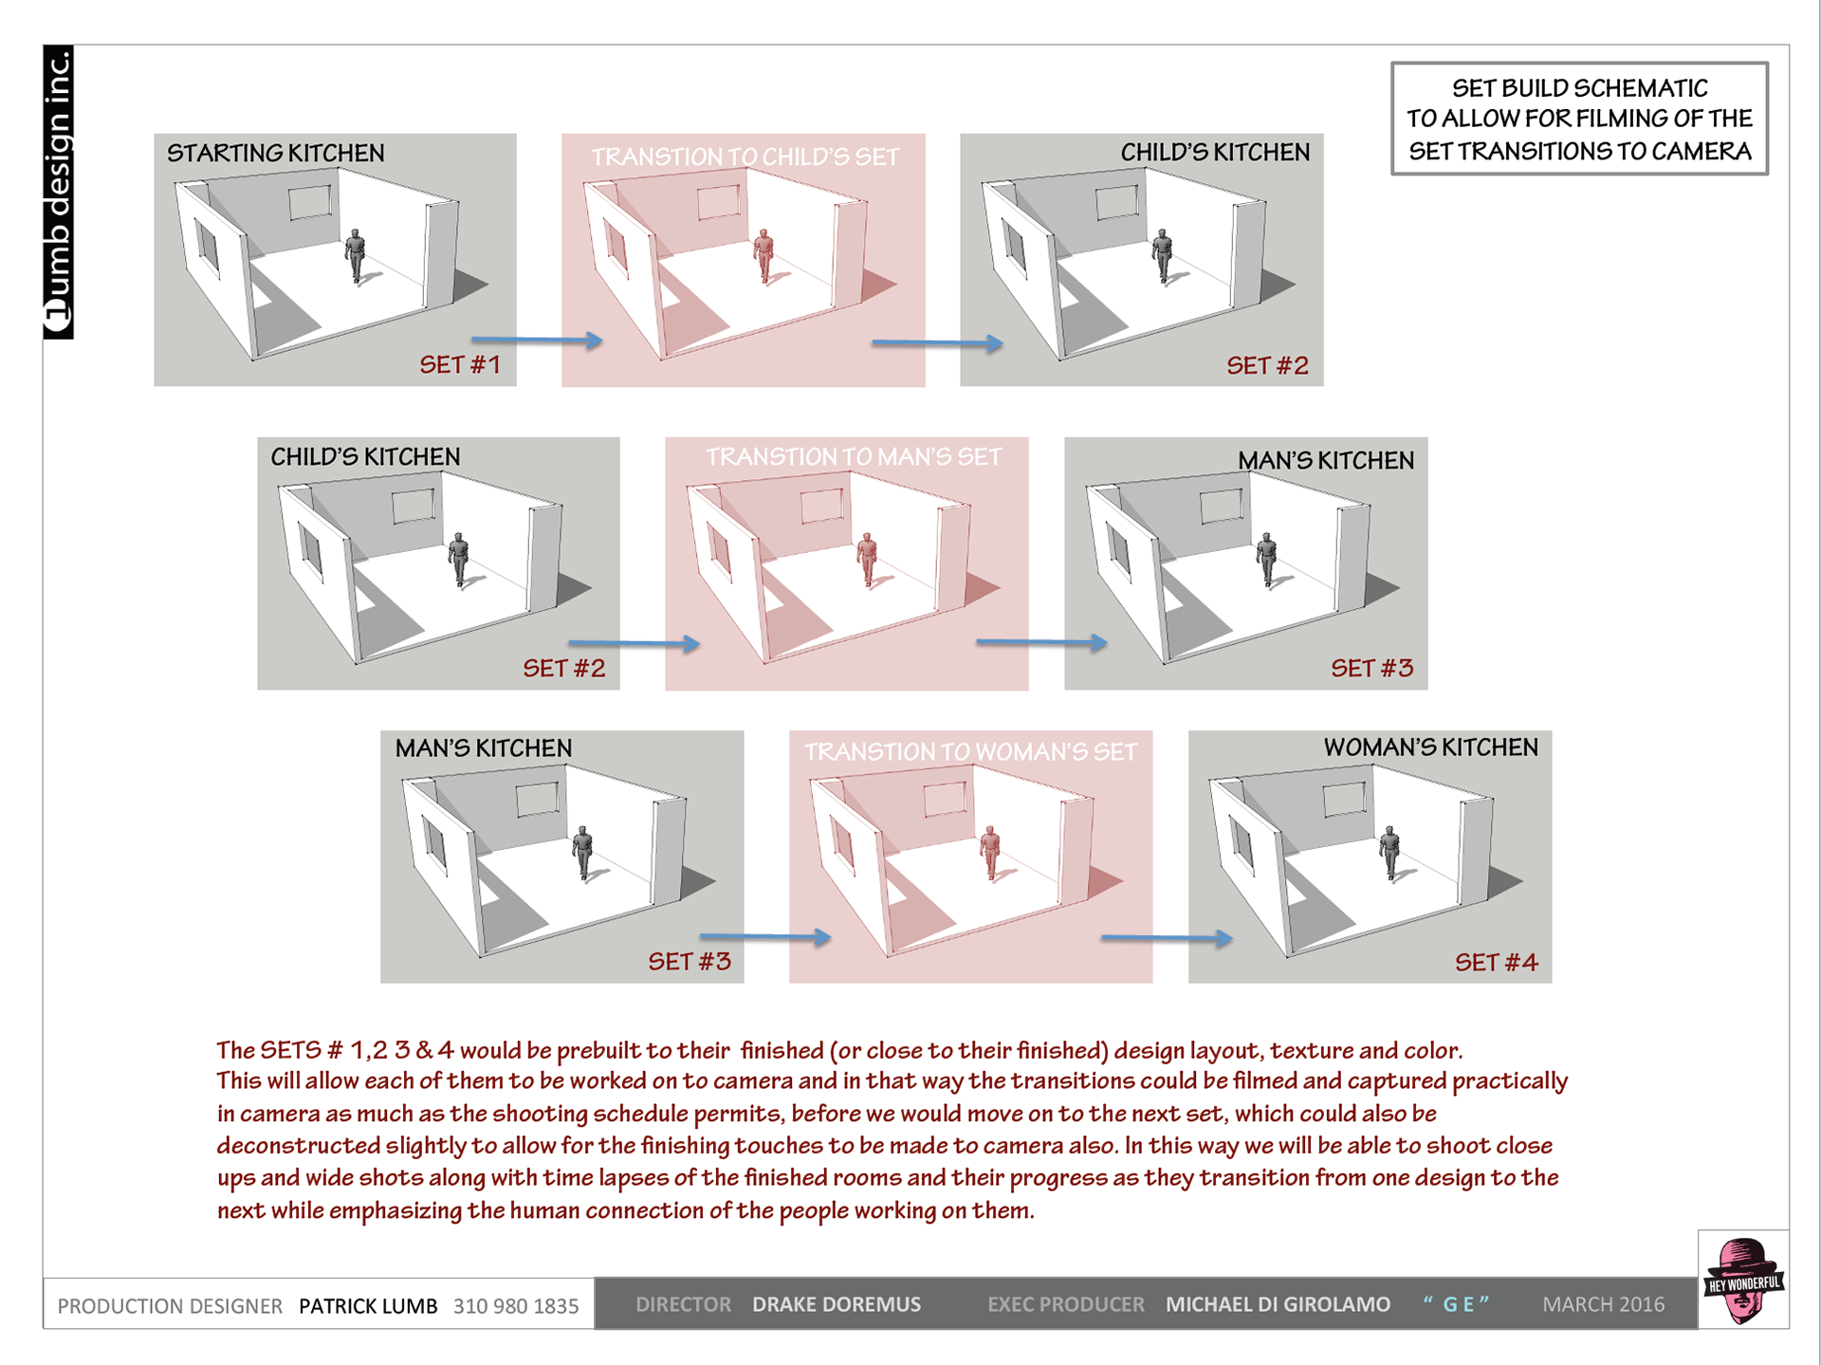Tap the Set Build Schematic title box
1579,119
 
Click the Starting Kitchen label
276,153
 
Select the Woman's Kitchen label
1430,747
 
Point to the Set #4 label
1496,963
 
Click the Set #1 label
460,364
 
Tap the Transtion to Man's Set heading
853,457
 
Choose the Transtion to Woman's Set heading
970,752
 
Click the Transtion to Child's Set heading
745,157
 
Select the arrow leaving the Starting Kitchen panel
537,340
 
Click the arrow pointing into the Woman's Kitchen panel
1166,938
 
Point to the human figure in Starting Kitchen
356,254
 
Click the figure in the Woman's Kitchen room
1390,852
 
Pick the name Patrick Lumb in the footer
368,1306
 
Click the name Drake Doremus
836,1304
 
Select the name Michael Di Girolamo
1278,1304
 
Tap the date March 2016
1603,1304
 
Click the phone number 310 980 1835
516,1306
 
